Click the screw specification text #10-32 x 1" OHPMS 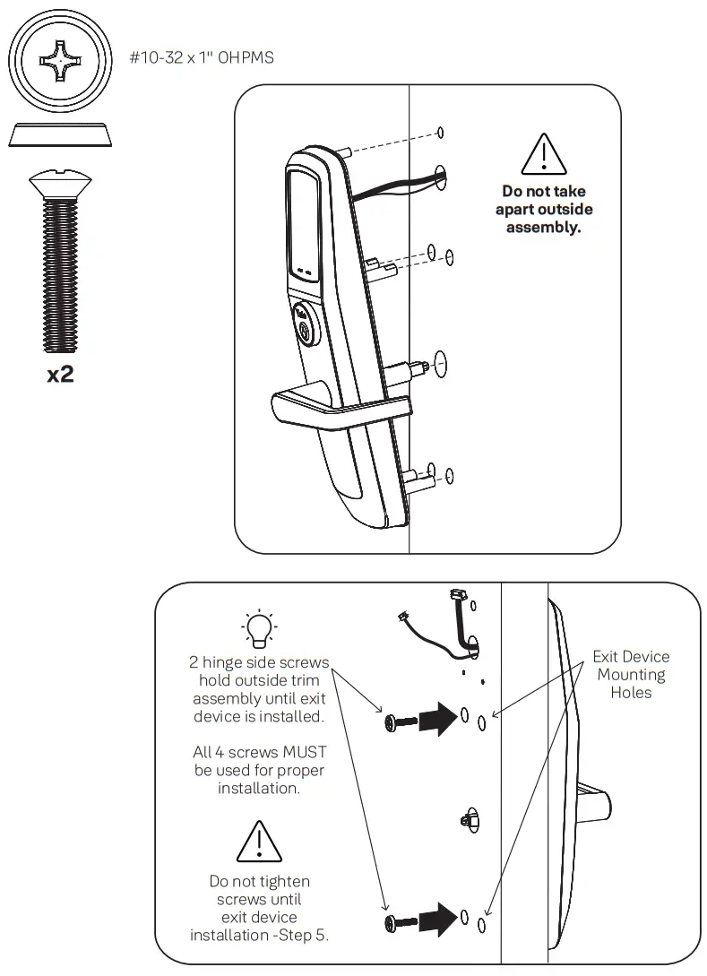[201, 57]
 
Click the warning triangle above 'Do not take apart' [544, 155]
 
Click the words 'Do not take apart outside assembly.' [544, 209]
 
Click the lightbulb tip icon [259, 627]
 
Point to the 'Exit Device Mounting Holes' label [631, 674]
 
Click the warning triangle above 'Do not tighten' [259, 842]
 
